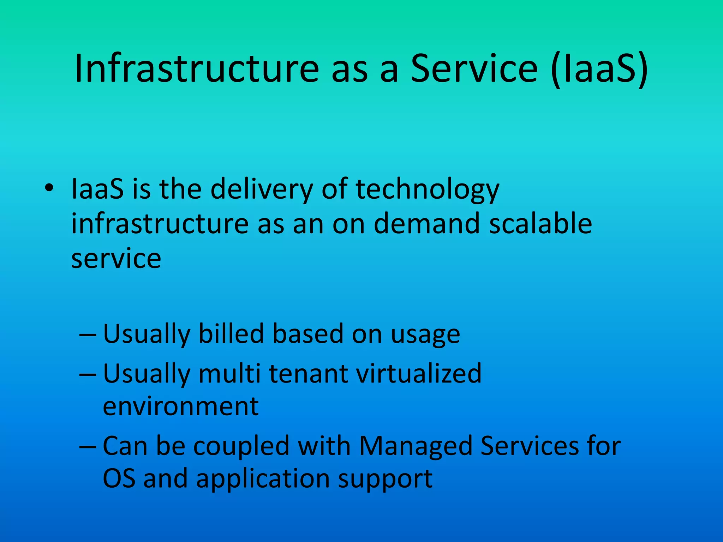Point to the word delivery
point(262,189)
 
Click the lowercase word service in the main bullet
point(116,259)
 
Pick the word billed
point(231,333)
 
